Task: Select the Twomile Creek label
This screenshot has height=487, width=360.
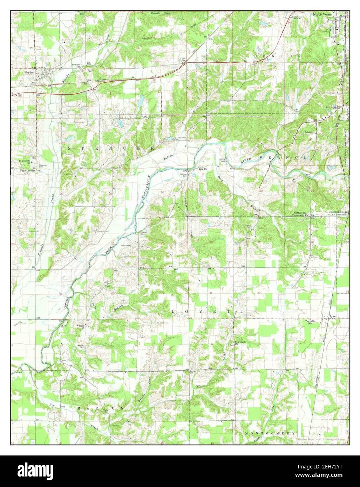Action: [x=160, y=13]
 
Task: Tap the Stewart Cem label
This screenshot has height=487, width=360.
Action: [x=222, y=160]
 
